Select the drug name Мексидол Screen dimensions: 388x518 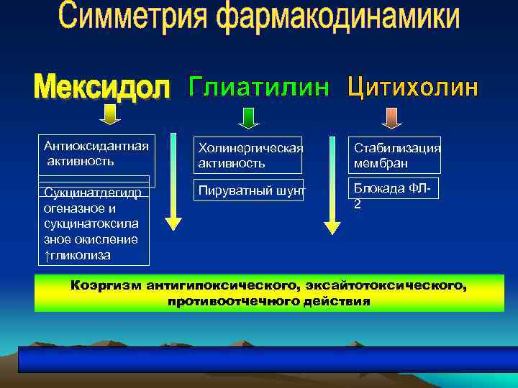click(103, 88)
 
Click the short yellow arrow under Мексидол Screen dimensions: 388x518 click(109, 115)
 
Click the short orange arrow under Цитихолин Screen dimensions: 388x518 click(390, 117)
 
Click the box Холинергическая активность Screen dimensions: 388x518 click(248, 155)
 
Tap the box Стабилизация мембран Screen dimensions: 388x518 click(395, 155)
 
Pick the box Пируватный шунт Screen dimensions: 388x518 click(248, 191)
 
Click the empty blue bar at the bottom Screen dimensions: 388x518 click(268, 359)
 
